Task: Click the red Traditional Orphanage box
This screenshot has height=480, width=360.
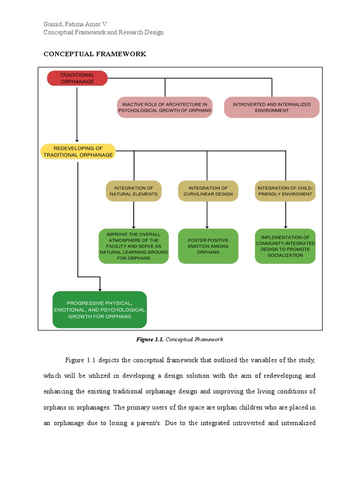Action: [77, 78]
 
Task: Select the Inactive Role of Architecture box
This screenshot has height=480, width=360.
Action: [165, 107]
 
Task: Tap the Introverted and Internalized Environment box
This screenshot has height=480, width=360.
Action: [272, 107]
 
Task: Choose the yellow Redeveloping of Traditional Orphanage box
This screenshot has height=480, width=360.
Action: [78, 151]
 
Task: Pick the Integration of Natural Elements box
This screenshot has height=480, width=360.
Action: [134, 191]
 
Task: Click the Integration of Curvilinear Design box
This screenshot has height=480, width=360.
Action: [208, 191]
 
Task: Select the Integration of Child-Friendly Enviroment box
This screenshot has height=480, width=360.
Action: [285, 191]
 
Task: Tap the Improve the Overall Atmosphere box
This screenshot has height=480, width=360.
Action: [134, 246]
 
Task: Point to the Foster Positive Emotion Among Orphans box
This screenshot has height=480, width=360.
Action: [208, 246]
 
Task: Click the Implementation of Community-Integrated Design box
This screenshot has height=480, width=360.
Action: [285, 246]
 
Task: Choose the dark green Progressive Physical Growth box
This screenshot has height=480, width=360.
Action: [99, 309]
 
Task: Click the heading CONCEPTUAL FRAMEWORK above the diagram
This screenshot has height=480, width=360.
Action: [95, 54]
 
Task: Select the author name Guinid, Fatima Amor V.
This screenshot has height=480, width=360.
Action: [75, 24]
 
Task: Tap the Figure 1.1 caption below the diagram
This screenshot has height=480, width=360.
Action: [180, 339]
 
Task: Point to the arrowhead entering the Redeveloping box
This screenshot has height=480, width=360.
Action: [77, 141]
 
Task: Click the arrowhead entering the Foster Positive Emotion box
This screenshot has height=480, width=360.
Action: [207, 227]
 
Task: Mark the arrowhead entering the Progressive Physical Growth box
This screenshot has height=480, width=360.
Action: [100, 289]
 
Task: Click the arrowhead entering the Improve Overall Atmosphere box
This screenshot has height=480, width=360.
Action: [134, 227]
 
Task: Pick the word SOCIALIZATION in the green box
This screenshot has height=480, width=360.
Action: [285, 255]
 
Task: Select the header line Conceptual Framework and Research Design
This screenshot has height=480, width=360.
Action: [104, 32]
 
